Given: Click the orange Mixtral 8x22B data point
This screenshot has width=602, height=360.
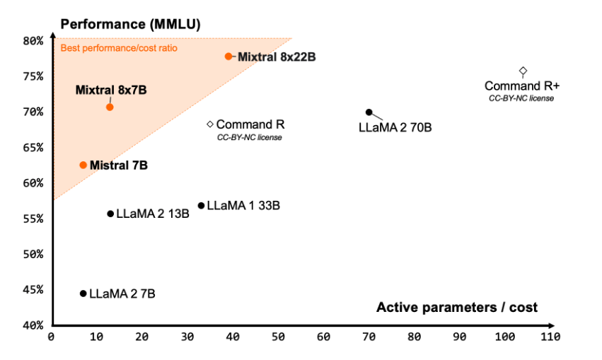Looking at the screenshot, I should tap(228, 56).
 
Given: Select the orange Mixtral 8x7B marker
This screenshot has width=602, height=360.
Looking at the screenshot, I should tap(110, 107).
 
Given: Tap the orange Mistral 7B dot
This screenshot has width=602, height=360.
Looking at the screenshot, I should tap(83, 165).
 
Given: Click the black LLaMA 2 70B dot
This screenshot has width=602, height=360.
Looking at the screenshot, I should tap(369, 112).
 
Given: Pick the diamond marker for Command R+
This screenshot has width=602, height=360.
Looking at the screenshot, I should tap(523, 71).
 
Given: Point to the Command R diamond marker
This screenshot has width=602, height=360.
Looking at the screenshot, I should tap(210, 124).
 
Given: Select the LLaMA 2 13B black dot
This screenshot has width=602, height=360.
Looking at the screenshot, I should tap(110, 214).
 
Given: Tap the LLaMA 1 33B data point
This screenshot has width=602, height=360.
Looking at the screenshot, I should tap(201, 206).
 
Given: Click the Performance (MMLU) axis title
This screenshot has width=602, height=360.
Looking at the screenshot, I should tap(131, 24).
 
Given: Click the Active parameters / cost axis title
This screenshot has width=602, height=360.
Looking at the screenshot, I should tap(457, 307).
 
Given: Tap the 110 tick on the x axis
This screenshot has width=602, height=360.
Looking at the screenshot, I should tap(550, 337).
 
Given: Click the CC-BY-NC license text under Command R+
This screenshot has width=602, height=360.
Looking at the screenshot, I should tap(521, 98).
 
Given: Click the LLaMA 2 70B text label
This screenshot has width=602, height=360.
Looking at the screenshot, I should tap(395, 128).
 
